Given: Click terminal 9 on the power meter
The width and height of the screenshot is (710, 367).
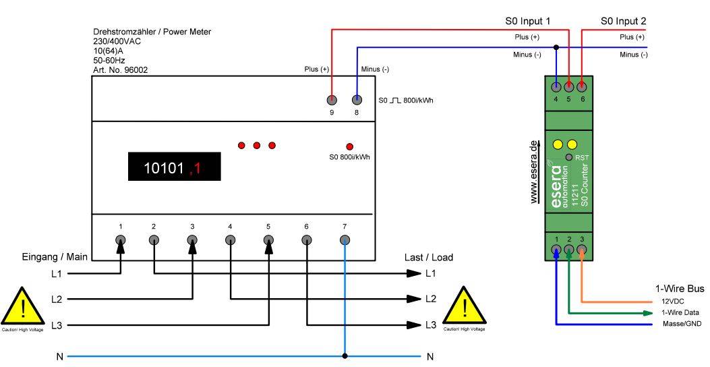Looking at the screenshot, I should [x=332, y=100].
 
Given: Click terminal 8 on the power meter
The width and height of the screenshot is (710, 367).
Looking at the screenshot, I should [x=357, y=100].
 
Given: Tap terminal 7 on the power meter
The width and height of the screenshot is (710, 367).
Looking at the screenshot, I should [x=345, y=239].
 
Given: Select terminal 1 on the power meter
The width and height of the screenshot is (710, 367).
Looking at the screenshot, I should [x=121, y=239].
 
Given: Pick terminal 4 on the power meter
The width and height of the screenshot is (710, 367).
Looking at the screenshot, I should [x=231, y=239].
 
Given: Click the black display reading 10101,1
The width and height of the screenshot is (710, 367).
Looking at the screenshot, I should [x=175, y=167].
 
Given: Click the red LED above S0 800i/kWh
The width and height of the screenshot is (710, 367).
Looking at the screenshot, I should [x=349, y=146].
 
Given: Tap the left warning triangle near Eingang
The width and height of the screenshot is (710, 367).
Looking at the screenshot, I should [x=23, y=308].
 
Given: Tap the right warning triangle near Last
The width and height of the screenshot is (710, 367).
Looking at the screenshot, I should [x=465, y=308].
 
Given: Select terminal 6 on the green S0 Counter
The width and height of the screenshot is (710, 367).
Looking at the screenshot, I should [x=582, y=86].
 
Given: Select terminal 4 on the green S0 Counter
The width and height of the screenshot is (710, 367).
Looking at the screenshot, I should [x=556, y=86].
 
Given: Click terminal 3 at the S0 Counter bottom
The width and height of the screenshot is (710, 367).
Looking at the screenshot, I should [x=582, y=250].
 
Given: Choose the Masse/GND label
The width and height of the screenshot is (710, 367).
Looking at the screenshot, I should [x=680, y=324].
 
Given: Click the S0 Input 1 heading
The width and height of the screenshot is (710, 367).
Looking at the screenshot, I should [x=528, y=22].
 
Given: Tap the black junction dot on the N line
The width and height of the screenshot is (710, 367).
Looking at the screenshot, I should [x=345, y=356].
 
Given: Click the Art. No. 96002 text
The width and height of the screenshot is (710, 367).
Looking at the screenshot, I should [x=120, y=69].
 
